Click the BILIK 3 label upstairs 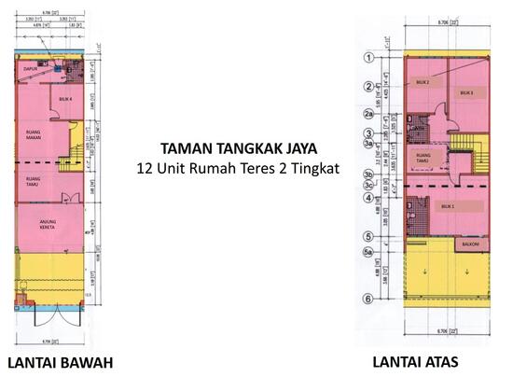466,93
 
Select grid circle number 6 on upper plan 368,299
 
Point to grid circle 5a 368,252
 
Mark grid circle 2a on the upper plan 368,115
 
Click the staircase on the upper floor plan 466,149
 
